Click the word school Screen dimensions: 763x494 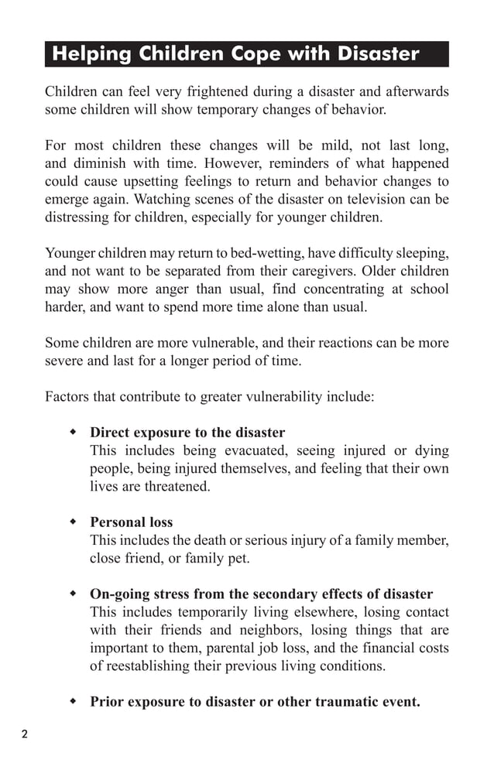tap(429, 289)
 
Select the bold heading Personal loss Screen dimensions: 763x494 tap(131, 522)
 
